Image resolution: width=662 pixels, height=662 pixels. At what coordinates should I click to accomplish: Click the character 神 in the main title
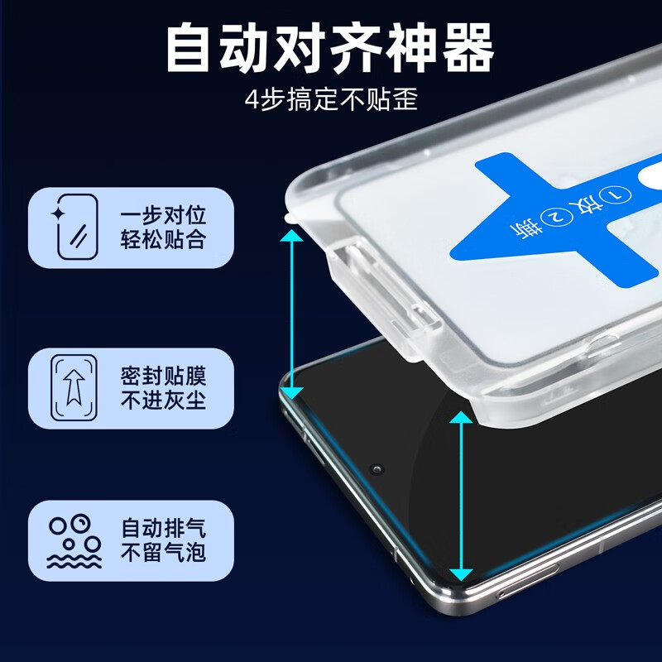pyautogui.click(x=412, y=47)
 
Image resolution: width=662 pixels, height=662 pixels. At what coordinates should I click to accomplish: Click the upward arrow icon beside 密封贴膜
pyautogui.click(x=74, y=388)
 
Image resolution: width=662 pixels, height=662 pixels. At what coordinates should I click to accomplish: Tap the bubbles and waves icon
pyautogui.click(x=74, y=542)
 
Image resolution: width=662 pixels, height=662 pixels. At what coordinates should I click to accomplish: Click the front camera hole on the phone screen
pyautogui.click(x=378, y=470)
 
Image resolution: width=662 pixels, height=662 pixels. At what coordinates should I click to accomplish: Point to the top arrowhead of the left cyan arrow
pyautogui.click(x=291, y=237)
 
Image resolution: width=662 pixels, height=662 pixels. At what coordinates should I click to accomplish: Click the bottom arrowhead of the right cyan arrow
pyautogui.click(x=461, y=573)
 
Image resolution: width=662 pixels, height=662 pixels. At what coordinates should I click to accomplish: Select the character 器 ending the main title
pyautogui.click(x=468, y=47)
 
